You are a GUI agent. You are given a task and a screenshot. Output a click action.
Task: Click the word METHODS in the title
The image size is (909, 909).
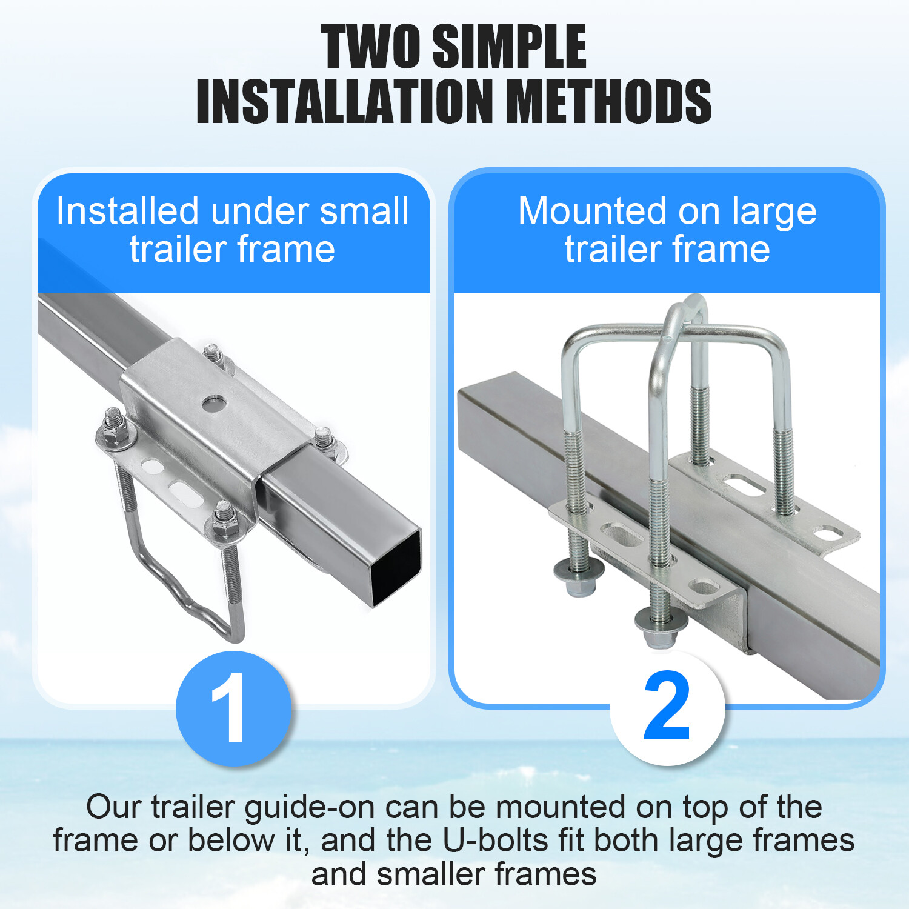point(608,101)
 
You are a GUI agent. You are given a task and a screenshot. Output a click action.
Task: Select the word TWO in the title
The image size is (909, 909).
point(371,47)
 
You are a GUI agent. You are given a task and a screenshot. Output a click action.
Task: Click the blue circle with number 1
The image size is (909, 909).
point(233,708)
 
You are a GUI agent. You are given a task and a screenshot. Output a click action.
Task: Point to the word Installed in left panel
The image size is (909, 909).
point(127,211)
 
